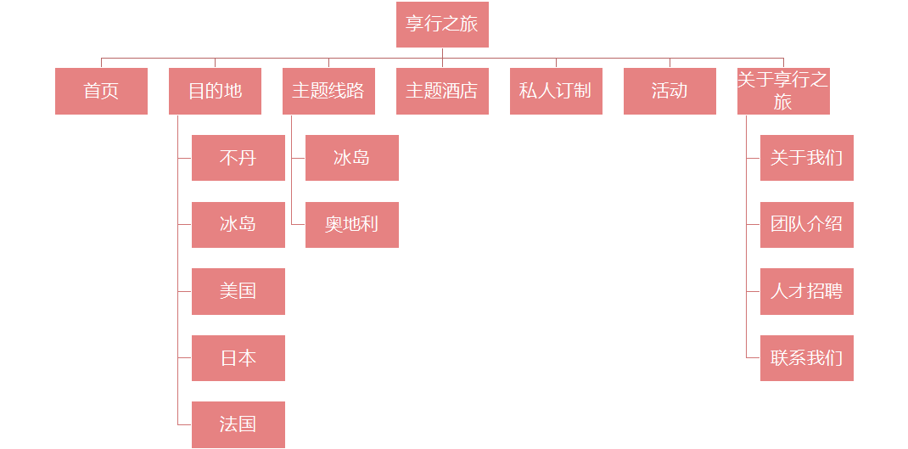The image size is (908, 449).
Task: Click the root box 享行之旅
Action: pos(442,25)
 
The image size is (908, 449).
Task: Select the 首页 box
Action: pos(101,91)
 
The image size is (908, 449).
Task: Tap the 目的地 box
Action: pos(215,91)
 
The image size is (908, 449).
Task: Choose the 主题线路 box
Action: pos(328,91)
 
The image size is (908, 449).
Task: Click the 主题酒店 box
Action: pos(442,91)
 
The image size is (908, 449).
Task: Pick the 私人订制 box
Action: pos(556,91)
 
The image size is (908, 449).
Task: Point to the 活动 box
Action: pos(670,91)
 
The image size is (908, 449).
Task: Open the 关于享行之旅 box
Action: pos(783,91)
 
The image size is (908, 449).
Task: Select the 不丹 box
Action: pos(238,158)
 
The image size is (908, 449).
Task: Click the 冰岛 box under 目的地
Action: pos(238,225)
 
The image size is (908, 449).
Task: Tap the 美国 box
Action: pos(238,291)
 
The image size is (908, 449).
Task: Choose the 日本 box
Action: pos(238,358)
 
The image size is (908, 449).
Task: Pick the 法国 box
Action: pos(238,424)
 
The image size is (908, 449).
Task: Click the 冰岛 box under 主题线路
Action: pos(352,158)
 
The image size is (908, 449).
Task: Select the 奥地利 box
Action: pos(352,225)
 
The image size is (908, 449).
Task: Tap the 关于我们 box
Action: pos(807,158)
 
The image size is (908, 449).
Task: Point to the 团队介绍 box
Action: pos(807,225)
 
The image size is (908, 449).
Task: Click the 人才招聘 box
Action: pos(807,291)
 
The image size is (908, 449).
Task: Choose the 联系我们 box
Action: pos(807,358)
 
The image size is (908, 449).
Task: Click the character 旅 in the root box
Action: pos(469,24)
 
